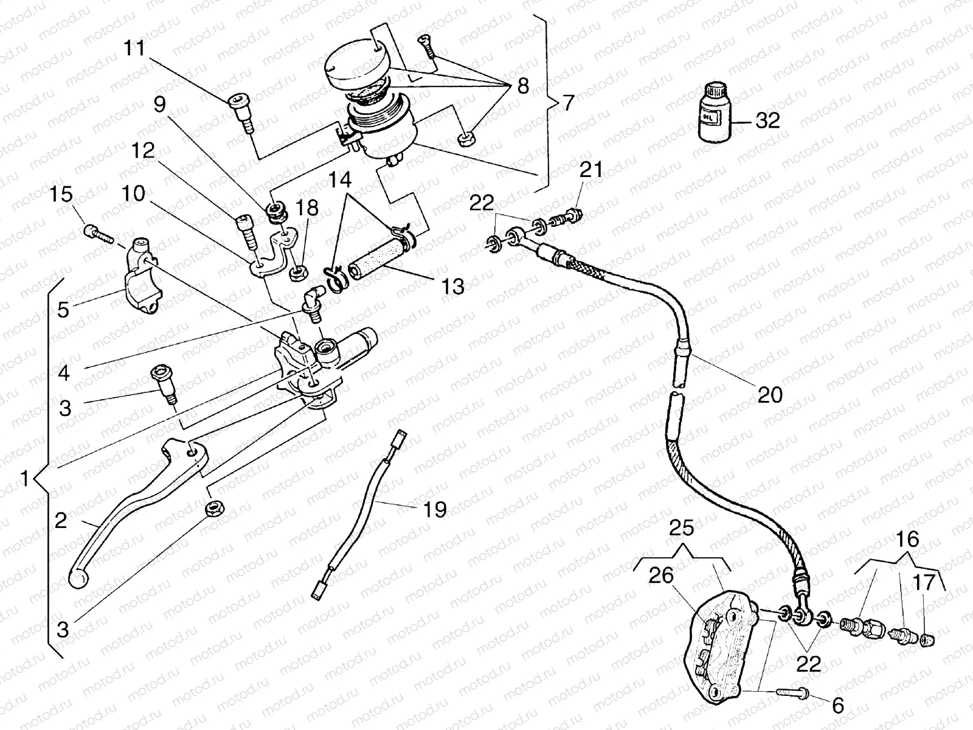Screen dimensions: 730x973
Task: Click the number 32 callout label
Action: point(767,120)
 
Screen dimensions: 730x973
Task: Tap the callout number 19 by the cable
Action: point(434,509)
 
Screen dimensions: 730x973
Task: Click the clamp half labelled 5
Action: point(144,284)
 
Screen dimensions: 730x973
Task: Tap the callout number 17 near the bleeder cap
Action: point(924,585)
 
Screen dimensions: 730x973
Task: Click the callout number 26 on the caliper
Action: point(662,575)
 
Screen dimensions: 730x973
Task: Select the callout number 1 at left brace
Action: point(24,479)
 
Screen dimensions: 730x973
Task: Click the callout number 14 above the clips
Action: point(341,180)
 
